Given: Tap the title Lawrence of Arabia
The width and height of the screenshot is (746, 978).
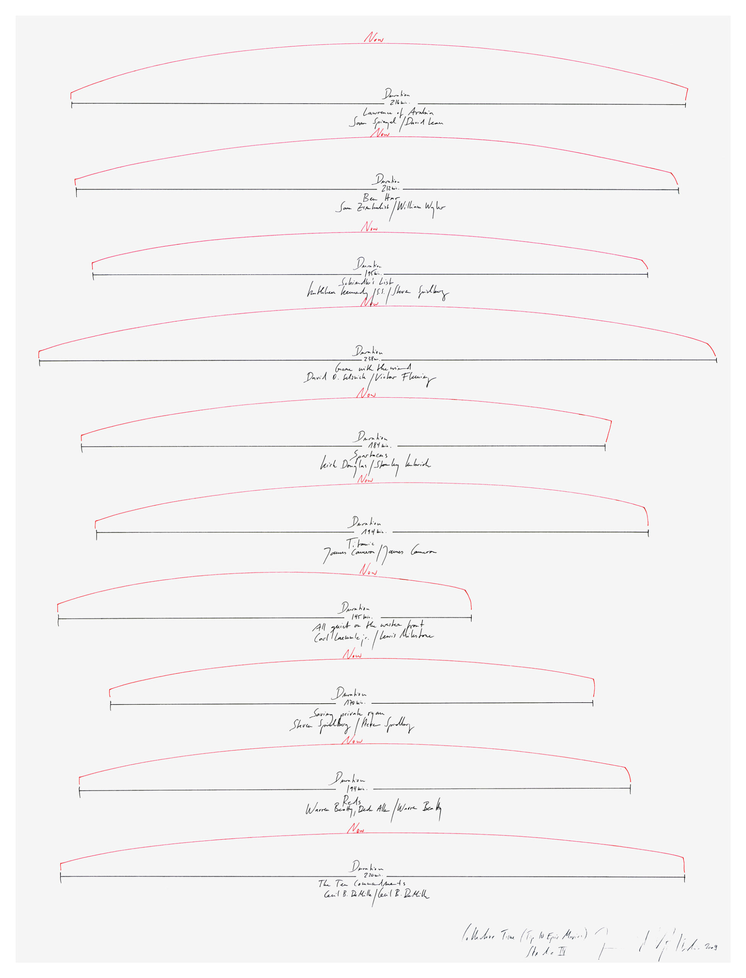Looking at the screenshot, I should pos(398,113).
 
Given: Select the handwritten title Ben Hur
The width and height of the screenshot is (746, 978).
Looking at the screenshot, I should pos(381,198).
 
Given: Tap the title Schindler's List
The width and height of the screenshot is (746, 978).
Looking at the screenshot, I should pos(367,282).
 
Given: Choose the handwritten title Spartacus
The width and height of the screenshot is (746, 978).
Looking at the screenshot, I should pos(371,455).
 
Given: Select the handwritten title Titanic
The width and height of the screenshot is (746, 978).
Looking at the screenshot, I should pos(361,543).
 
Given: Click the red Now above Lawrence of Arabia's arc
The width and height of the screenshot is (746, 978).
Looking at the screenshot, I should pos(374,38).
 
